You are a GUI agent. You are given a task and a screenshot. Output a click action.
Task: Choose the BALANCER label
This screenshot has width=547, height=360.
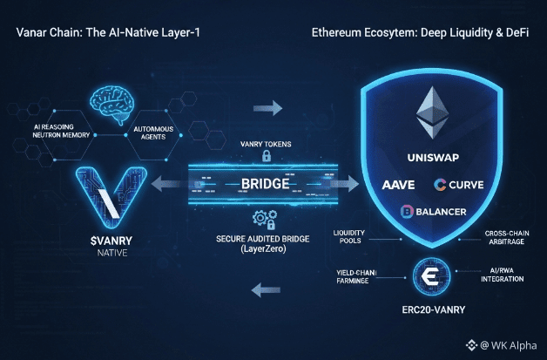click(x=433, y=212)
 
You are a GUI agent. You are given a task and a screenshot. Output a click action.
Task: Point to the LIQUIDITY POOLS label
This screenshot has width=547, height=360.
click(x=353, y=236)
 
